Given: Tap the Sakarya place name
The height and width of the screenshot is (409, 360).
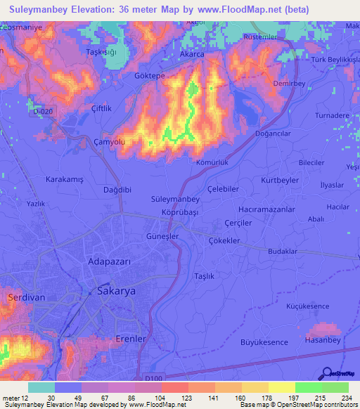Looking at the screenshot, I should tap(116, 290).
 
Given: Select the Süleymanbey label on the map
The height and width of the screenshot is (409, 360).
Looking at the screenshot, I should tap(174, 200).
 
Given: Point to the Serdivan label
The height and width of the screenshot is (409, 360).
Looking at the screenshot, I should tap(26, 297).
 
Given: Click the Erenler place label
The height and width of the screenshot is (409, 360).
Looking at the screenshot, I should tap(129, 339).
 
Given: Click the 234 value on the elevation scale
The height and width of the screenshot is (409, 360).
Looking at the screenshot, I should tap(347, 397).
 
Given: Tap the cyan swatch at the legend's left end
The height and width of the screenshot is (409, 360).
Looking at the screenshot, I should tap(41, 387).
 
